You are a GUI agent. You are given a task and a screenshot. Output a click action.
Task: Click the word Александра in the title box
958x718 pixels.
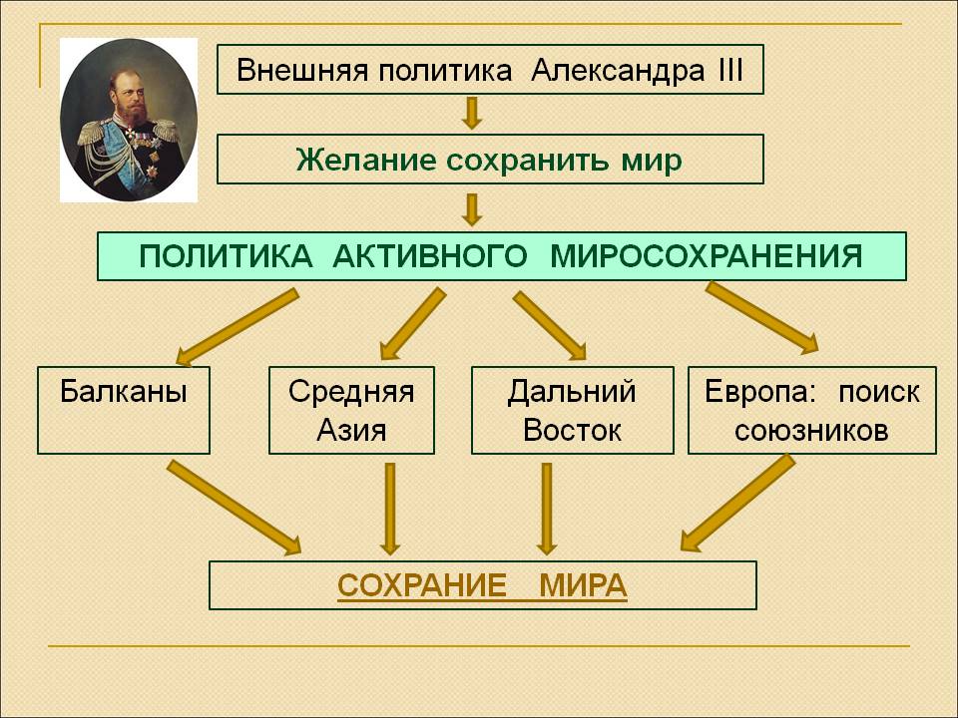pyautogui.click(x=617, y=70)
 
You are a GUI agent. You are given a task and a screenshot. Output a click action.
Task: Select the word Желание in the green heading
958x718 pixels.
pyautogui.click(x=366, y=160)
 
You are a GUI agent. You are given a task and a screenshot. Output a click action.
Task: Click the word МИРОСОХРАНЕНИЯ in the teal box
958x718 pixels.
pyautogui.click(x=707, y=256)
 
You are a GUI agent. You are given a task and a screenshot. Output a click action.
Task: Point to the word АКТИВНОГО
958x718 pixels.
pyautogui.click(x=430, y=256)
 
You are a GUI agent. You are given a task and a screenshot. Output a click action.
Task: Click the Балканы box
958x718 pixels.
pyautogui.click(x=124, y=410)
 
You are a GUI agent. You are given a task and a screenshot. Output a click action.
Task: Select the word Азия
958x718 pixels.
pyautogui.click(x=351, y=431)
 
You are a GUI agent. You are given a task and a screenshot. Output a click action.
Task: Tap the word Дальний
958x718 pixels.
pyautogui.click(x=572, y=391)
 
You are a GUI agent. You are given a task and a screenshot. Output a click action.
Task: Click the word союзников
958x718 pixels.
pyautogui.click(x=811, y=432)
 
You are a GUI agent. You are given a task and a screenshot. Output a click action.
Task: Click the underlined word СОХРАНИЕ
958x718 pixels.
pyautogui.click(x=421, y=585)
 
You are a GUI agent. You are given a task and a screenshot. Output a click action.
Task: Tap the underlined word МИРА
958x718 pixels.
pyautogui.click(x=584, y=585)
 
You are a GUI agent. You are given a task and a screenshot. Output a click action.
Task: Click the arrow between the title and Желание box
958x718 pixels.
pyautogui.click(x=471, y=113)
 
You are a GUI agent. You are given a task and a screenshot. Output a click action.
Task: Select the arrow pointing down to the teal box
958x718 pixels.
pyautogui.click(x=471, y=210)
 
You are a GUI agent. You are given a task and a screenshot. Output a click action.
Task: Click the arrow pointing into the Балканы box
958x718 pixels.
pyautogui.click(x=238, y=328)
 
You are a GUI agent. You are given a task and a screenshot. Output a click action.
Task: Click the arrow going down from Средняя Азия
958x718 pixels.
pyautogui.click(x=390, y=509)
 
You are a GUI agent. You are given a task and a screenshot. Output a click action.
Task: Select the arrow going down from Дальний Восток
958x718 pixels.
pyautogui.click(x=546, y=509)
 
